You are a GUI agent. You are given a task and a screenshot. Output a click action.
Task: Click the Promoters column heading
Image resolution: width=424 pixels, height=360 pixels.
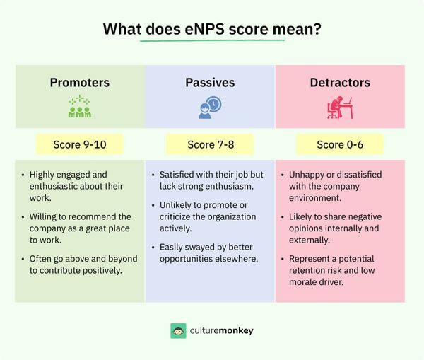79,83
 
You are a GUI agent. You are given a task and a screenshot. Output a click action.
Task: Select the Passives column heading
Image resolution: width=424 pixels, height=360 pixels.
210,83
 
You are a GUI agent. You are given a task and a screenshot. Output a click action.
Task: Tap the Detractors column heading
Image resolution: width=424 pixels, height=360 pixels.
340,83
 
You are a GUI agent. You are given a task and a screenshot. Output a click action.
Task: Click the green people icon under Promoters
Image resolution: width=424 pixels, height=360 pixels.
79,107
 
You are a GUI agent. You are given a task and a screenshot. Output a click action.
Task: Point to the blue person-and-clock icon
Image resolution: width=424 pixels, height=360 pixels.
210,107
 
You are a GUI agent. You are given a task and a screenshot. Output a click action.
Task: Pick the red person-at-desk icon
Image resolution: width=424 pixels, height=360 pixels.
340,107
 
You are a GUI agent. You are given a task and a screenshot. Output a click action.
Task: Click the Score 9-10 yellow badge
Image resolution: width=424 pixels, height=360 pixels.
79,145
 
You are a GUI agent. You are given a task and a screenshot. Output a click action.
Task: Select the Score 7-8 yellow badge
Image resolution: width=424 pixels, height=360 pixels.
210,145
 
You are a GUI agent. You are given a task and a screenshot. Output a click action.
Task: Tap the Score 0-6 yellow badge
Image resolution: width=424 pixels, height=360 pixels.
340,145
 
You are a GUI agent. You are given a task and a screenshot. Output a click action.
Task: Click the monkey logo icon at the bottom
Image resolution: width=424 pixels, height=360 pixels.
179,330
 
